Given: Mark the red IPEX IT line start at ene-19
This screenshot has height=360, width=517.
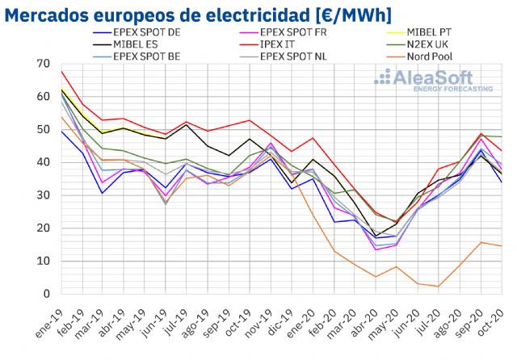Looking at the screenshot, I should [x=62, y=71].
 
